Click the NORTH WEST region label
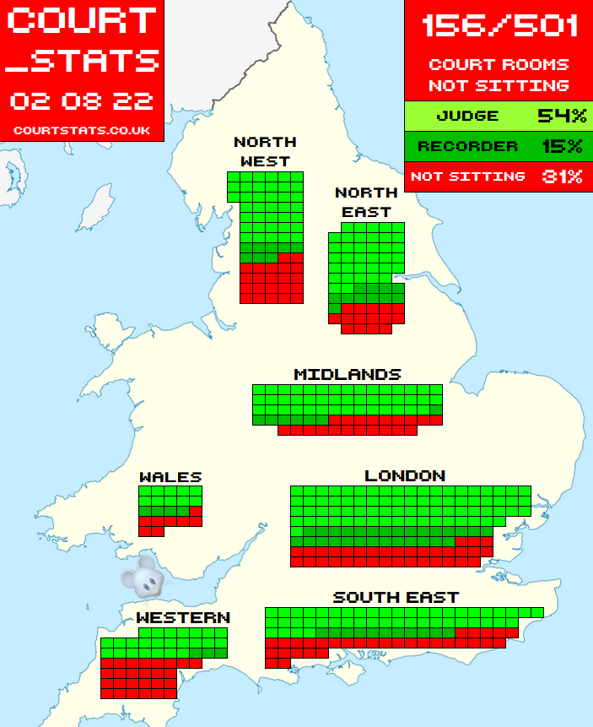tap(265, 151)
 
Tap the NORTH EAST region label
tap(366, 203)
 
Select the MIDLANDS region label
tap(347, 374)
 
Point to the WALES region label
tap(170, 477)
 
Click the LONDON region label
tap(405, 476)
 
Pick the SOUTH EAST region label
tap(396, 597)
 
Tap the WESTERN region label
tap(183, 618)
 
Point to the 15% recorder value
tap(561, 146)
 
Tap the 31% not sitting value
tap(561, 176)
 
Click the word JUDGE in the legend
tap(467, 117)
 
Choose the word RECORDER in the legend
tap(467, 146)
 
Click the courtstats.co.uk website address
tap(82, 131)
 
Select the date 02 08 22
tap(82, 101)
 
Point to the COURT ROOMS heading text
tap(499, 64)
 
